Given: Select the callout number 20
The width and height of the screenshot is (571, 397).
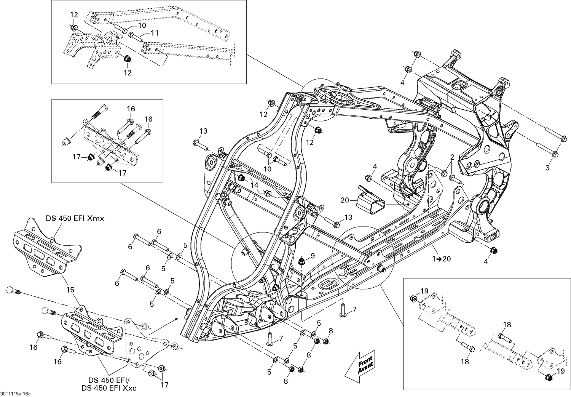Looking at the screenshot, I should click(345, 200).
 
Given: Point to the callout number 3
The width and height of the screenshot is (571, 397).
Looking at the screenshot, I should click(547, 168).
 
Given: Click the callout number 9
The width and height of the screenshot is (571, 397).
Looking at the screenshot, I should click(313, 256).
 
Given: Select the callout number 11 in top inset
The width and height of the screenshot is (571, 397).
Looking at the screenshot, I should click(154, 33).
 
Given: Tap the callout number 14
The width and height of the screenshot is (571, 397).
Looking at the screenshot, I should click(254, 185).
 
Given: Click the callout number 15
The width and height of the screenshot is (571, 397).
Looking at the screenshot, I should click(70, 290).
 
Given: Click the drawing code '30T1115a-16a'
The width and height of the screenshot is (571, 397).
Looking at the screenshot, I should click(16, 393).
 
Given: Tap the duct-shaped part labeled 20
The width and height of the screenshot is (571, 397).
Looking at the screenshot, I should click(370, 199).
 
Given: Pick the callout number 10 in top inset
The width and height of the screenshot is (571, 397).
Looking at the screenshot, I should click(141, 26).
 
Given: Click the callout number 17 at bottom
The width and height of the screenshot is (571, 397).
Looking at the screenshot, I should click(164, 385).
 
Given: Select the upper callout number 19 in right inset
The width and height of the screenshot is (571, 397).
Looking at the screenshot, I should click(425, 291).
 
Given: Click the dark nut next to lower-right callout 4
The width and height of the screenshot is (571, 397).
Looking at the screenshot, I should click(493, 250).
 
